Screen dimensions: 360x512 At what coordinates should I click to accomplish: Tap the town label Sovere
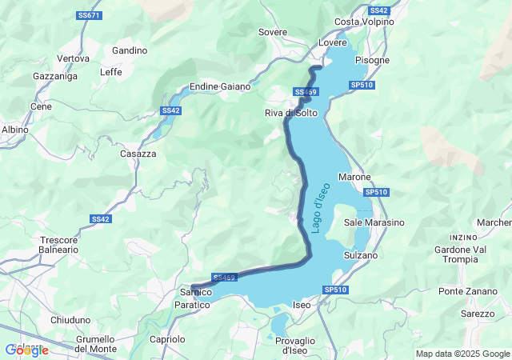273,32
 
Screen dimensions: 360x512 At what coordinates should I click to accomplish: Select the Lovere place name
333,42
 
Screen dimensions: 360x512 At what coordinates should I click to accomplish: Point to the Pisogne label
373,60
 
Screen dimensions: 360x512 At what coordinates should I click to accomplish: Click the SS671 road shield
90,16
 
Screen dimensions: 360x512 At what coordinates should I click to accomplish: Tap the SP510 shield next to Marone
376,192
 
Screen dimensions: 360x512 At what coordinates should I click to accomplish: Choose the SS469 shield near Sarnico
226,278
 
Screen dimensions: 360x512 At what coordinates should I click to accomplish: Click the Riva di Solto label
291,113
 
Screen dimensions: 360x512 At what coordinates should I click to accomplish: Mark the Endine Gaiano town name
220,86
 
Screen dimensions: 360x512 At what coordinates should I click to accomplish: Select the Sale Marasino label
374,222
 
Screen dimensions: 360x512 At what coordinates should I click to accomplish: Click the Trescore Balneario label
59,244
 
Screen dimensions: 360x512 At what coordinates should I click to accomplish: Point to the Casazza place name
138,153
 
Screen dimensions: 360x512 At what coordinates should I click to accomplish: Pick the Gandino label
130,50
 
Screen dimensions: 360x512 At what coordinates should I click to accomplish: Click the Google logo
26,350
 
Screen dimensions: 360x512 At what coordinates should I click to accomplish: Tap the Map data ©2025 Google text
462,354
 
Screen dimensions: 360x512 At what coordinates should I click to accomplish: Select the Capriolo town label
167,339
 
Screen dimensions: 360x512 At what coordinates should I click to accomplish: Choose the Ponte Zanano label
468,290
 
